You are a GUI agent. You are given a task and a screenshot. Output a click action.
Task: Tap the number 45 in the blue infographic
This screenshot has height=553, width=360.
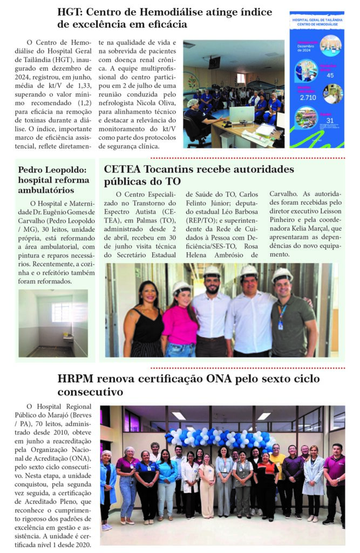(330, 75)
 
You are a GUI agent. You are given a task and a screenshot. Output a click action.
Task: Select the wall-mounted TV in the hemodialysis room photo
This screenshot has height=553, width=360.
(214, 62)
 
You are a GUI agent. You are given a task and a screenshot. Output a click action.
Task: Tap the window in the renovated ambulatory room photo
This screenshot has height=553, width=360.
(62, 312)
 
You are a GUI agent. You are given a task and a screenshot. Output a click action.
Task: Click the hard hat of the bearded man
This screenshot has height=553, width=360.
(211, 271)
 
